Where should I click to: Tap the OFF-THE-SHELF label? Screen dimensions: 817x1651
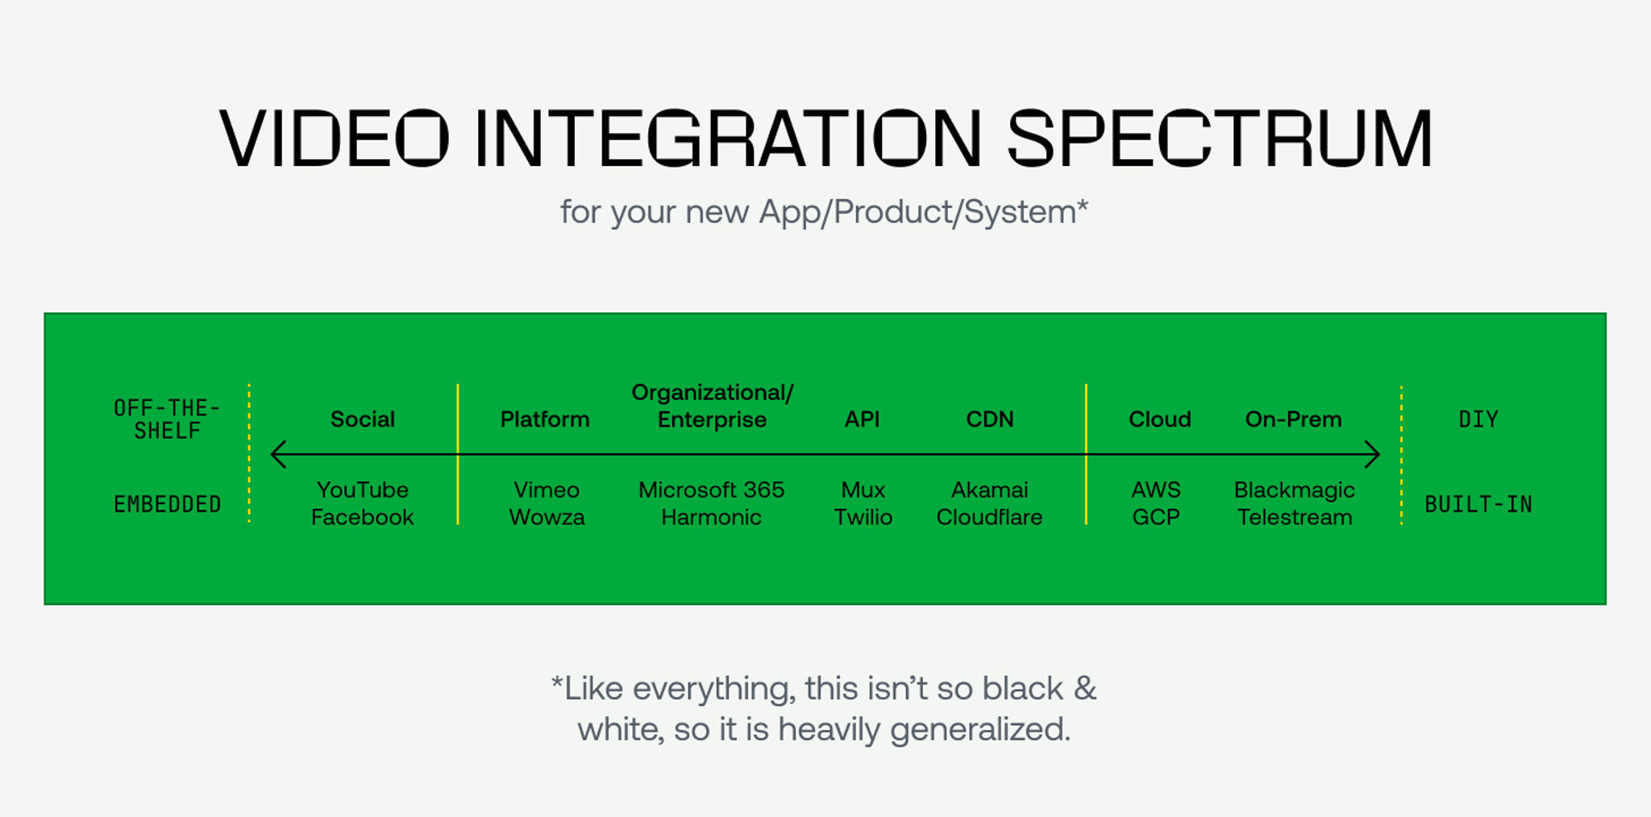coord(167,419)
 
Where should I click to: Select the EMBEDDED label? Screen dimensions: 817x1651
coord(167,505)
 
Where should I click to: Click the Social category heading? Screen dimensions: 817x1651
coord(362,419)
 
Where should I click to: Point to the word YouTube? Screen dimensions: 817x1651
coord(362,490)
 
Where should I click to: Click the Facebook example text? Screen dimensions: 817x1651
coord(362,517)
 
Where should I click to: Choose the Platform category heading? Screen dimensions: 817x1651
coord(545,419)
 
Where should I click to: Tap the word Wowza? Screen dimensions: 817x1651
coord(547,517)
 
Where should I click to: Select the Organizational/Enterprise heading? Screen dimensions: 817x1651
coord(712,406)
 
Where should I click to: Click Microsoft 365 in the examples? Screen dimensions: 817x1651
coord(711,490)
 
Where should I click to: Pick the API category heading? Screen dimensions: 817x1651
coord(862,419)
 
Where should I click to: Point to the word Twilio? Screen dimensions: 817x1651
coord(863,517)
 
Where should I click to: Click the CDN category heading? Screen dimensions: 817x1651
coord(990,419)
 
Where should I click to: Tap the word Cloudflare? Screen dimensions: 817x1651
coord(989,517)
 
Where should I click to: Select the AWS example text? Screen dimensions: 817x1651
coord(1155,490)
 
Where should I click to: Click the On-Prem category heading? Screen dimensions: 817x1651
coord(1293,419)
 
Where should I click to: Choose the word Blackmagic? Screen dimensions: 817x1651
coord(1294,490)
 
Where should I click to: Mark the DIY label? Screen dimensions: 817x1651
coord(1478,419)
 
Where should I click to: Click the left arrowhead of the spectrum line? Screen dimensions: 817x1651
coord(277,454)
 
